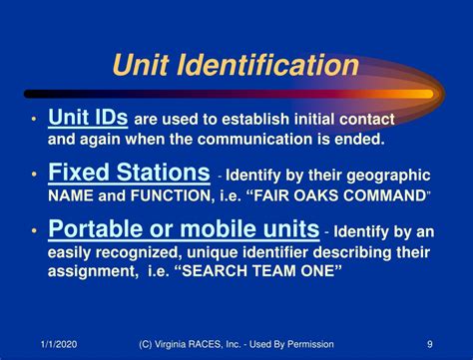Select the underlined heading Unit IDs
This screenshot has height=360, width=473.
click(88, 118)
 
